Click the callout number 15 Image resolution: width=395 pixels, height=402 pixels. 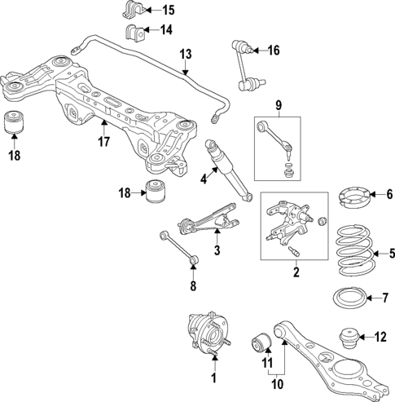pos(168,11)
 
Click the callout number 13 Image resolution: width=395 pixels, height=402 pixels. pos(186,55)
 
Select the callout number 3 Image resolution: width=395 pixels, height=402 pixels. pos(217,252)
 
